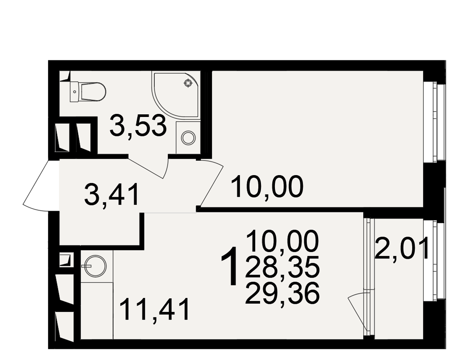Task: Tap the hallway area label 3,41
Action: coord(112,195)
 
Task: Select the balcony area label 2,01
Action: coord(402,248)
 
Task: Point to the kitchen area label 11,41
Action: coord(155,310)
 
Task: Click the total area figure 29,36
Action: coord(283,294)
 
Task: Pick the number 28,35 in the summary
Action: coord(283,266)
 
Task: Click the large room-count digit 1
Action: coord(230,266)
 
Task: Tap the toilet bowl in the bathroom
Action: coord(93,92)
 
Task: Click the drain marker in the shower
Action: coord(188,83)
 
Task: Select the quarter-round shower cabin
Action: coord(175,94)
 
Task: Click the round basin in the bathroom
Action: coord(189,137)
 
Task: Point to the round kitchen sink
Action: coord(95,266)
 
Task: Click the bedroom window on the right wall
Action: coord(434,122)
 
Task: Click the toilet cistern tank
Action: coord(74,92)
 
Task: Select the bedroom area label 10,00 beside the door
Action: coord(267,187)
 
